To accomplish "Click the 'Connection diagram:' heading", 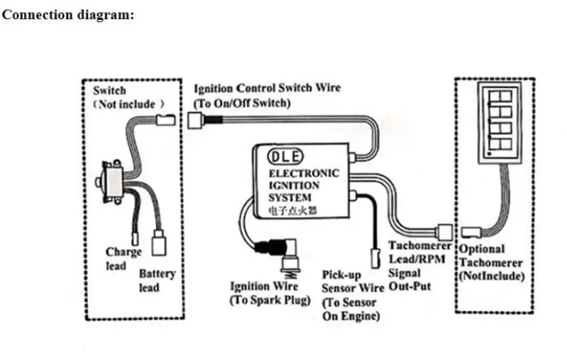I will tap(68, 15).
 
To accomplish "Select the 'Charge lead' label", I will tap(124, 259).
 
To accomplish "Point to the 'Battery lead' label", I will tap(157, 281).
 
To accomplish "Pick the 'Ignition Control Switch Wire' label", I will tap(267, 89).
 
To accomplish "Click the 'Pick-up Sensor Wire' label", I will tap(352, 281).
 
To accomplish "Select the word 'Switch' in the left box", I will tap(110, 91).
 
